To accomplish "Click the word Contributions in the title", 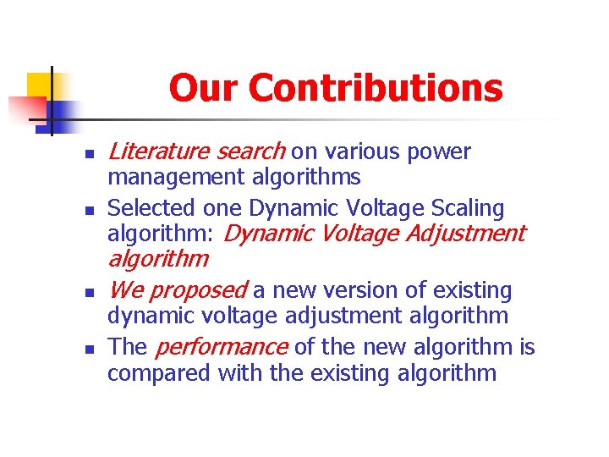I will click(376, 88).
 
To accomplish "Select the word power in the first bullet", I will click(438, 152).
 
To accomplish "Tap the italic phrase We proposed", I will click(177, 291).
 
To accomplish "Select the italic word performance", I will click(222, 347).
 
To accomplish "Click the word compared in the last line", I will click(158, 372).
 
